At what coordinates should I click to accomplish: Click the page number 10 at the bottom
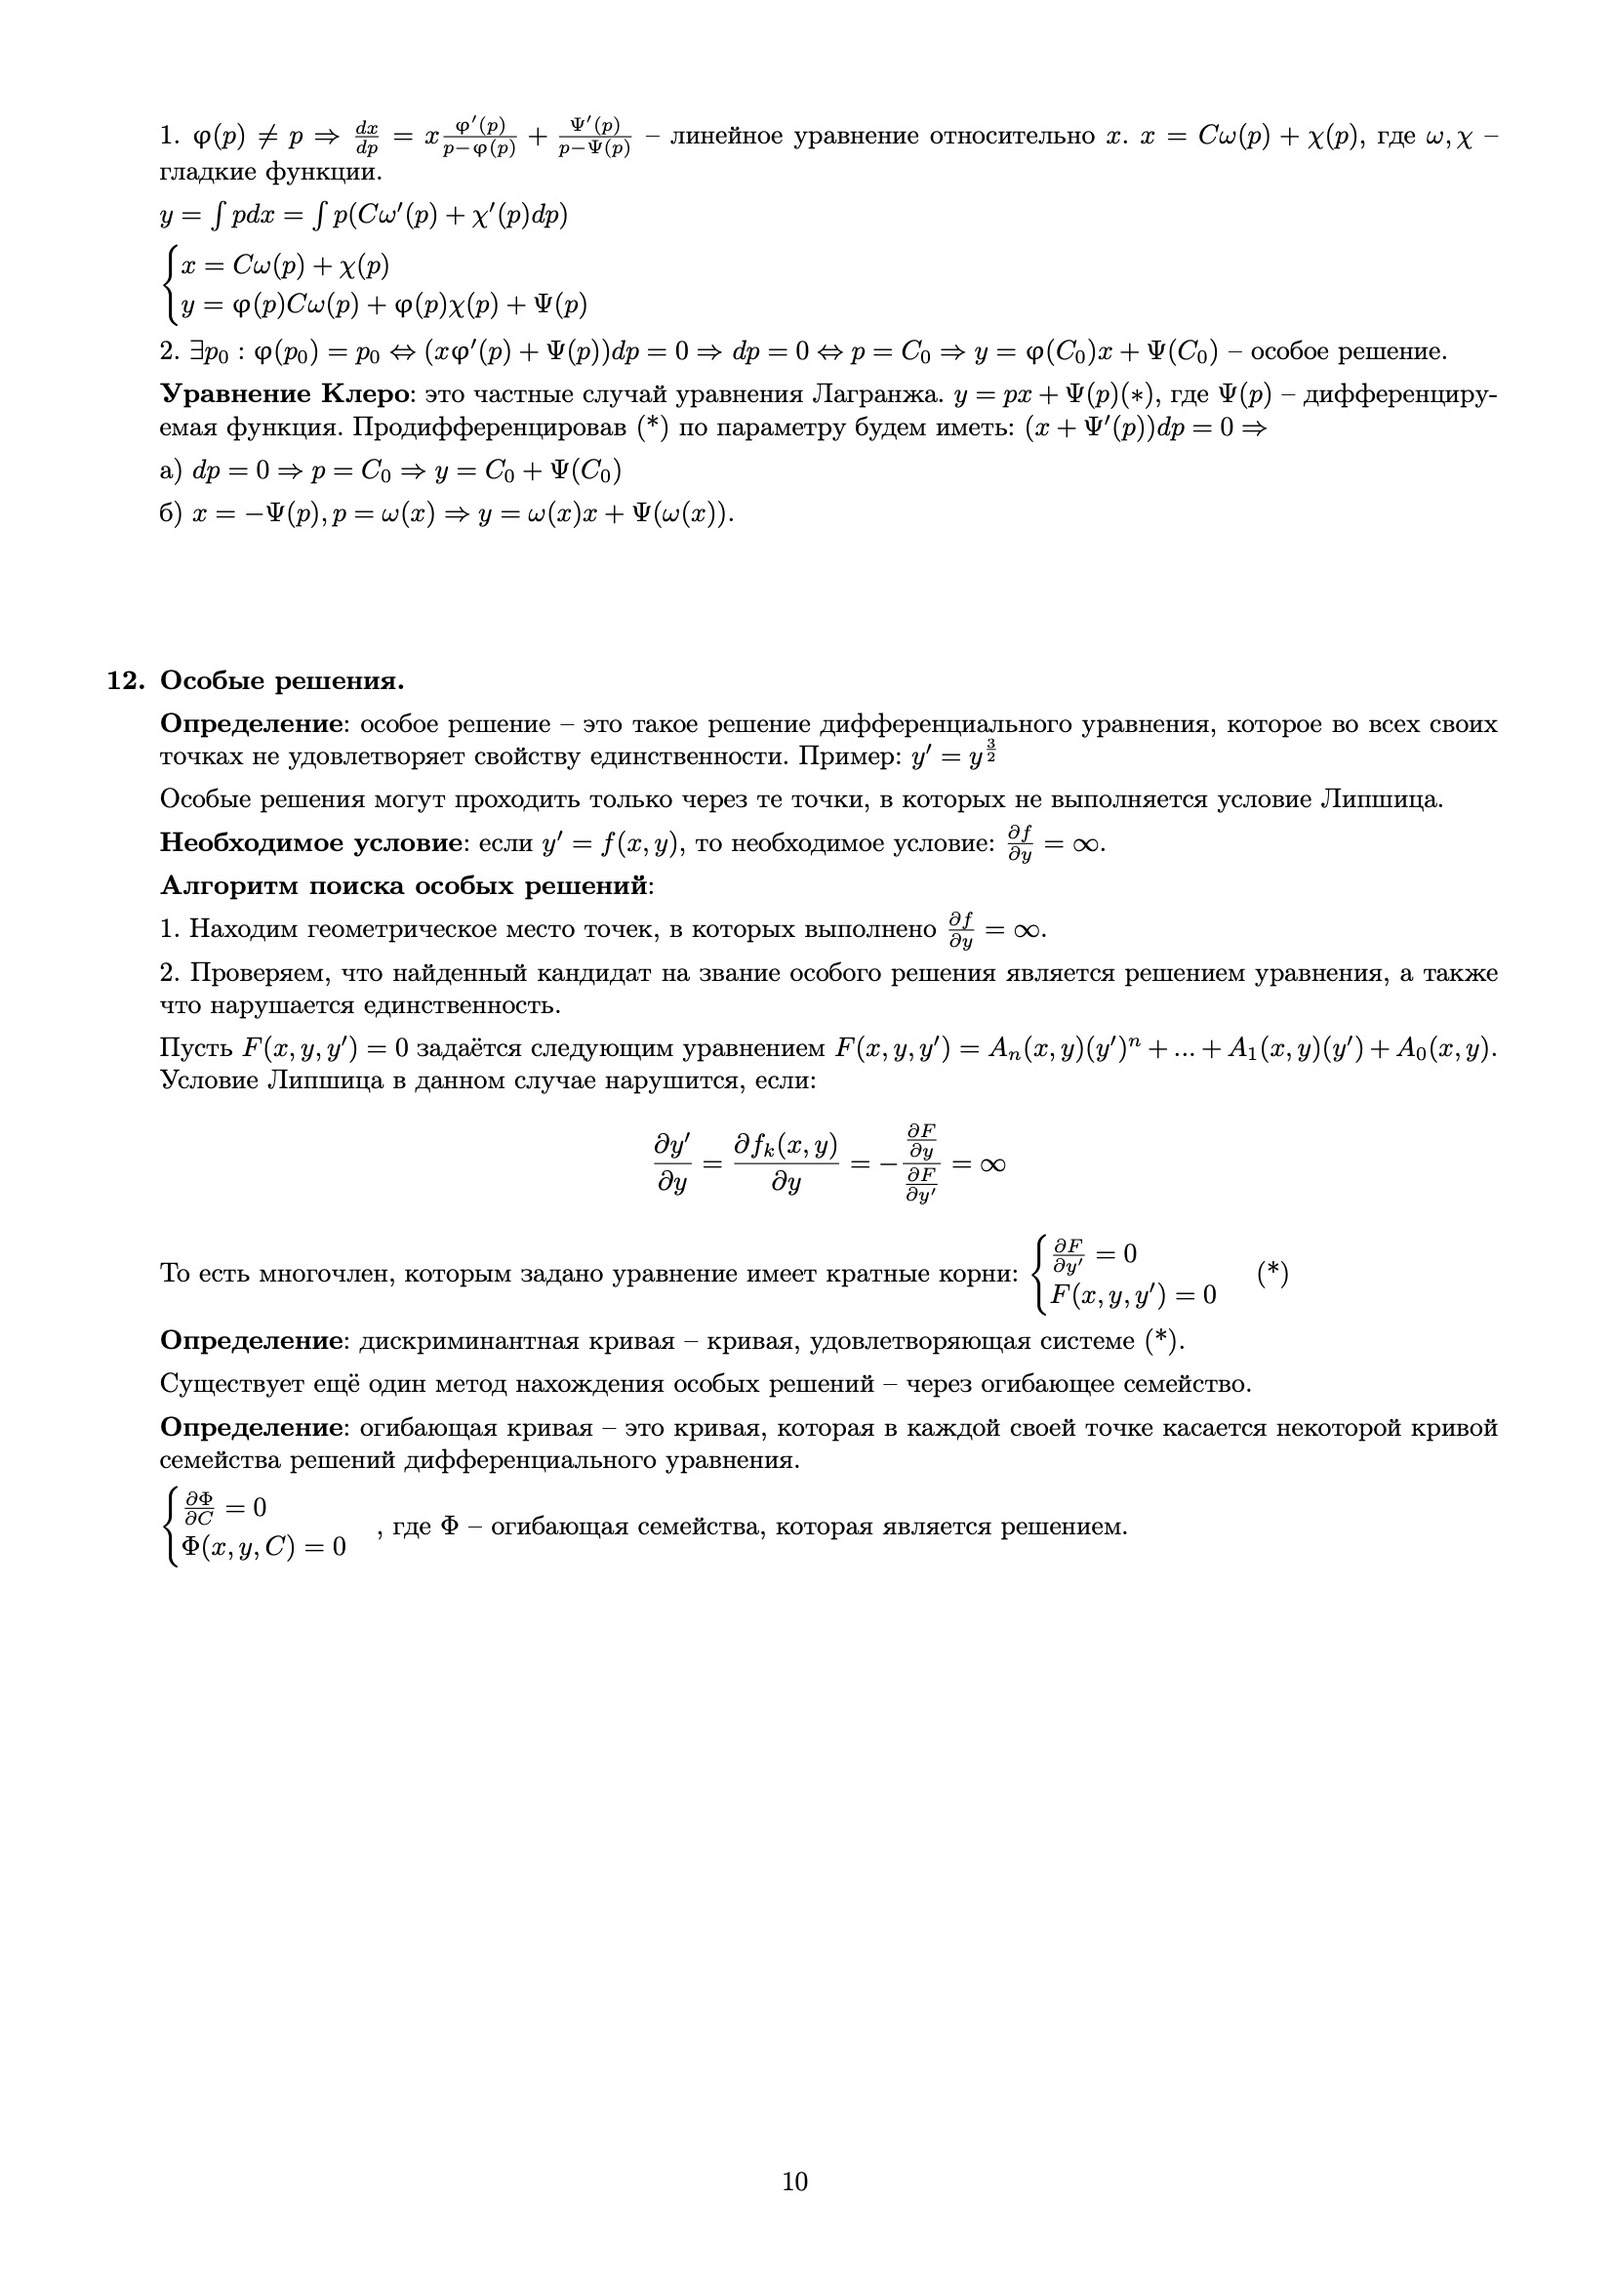pos(794,2180)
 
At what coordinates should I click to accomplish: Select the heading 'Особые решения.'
pos(282,682)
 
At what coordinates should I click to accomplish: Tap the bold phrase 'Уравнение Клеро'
pos(285,394)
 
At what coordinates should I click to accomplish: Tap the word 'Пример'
pos(849,757)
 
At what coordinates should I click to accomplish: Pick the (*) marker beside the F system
pos(1272,1273)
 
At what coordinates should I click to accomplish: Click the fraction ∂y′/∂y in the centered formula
pos(673,1164)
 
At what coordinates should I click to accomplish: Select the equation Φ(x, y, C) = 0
pos(263,1547)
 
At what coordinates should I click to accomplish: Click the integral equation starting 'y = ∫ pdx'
pos(364,216)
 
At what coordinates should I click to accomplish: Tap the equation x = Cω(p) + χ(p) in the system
pos(285,266)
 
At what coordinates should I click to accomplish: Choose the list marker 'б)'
pos(170,513)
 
